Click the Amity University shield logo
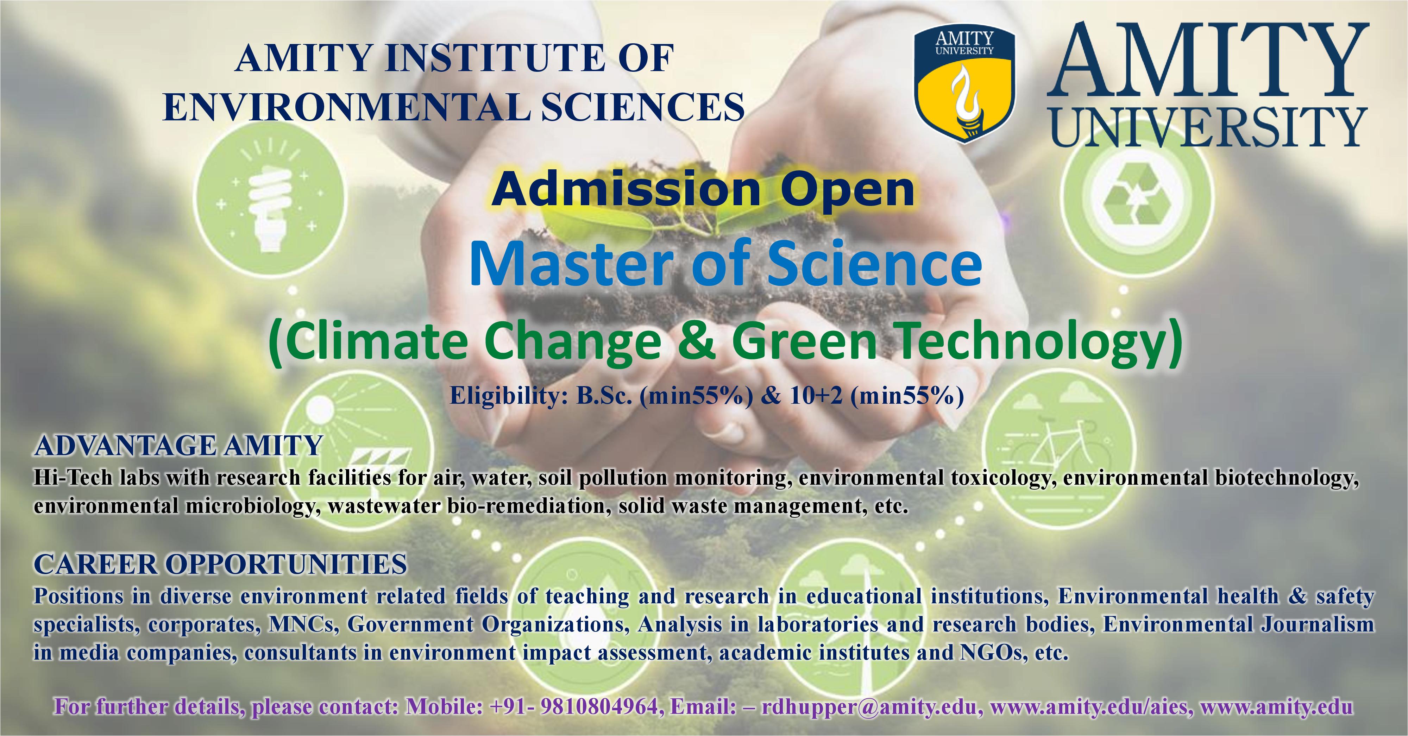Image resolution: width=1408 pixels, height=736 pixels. point(965,86)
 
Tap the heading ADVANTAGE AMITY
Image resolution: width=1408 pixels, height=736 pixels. point(178,446)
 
